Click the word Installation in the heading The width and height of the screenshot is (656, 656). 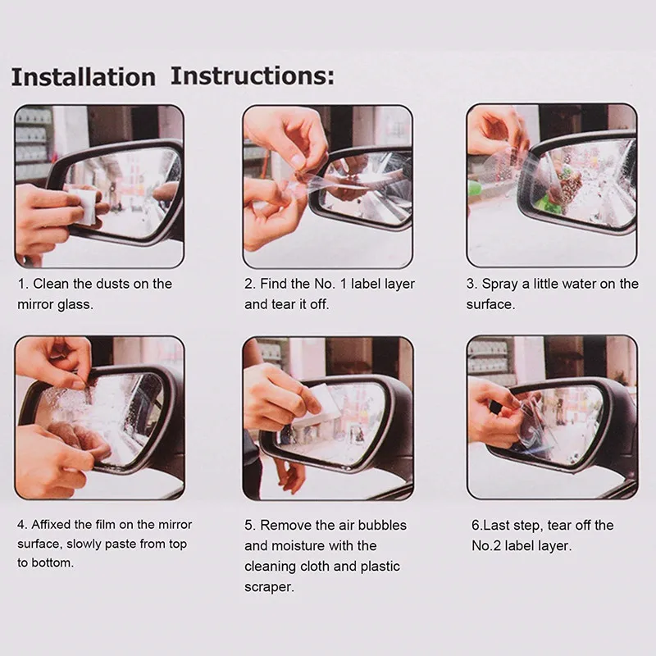click(84, 77)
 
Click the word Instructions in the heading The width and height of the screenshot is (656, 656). click(253, 75)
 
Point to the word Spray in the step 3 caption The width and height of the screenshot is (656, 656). click(499, 284)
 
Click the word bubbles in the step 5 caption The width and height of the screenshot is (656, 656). click(382, 525)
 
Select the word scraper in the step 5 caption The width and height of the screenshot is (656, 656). click(268, 587)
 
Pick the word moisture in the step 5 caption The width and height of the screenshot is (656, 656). click(298, 545)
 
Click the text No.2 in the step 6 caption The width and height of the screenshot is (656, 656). click(486, 545)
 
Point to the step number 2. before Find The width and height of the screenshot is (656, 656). click(250, 284)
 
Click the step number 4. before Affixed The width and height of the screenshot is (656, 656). click(22, 525)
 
